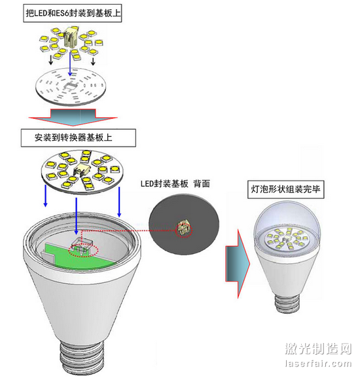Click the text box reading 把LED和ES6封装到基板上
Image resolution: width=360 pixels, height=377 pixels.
pos(73,13)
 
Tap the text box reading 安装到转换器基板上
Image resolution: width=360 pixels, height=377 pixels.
pos(79,137)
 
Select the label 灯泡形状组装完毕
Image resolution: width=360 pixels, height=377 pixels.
pos(285,189)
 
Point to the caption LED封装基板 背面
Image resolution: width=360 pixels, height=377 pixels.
pos(175,184)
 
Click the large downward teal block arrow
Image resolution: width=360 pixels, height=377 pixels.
pos(73,117)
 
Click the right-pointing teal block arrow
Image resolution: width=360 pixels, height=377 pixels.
pos(238,264)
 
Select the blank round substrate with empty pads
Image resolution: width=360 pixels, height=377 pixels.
pos(71,86)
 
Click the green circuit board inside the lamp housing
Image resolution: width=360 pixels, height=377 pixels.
pos(79,256)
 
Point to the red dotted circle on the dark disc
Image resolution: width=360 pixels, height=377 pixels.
pos(184,230)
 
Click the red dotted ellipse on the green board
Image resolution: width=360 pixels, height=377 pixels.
pos(83,251)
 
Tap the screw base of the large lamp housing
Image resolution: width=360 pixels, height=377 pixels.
pos(82,358)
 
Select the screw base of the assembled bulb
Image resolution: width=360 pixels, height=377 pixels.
pos(287,304)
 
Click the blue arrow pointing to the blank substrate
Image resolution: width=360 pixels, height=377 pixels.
pos(70,63)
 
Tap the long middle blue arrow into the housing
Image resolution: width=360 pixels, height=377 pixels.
pos(76,216)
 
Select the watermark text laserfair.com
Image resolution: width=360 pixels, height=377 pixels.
pos(318,363)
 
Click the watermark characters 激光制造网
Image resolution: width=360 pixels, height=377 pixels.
pos(318,349)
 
